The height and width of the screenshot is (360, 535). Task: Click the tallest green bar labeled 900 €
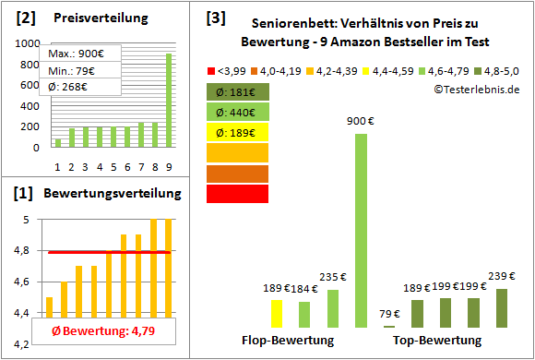(360, 231)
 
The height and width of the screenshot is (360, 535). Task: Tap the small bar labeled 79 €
(389, 326)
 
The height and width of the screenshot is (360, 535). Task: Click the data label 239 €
(501, 276)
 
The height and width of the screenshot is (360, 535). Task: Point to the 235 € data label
(332, 277)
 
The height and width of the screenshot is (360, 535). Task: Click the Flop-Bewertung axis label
(287, 341)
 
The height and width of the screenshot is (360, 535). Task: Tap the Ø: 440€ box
(237, 112)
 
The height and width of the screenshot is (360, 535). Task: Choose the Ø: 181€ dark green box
(237, 91)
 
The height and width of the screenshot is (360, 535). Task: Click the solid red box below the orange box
(237, 193)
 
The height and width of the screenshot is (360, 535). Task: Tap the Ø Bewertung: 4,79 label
(91, 330)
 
